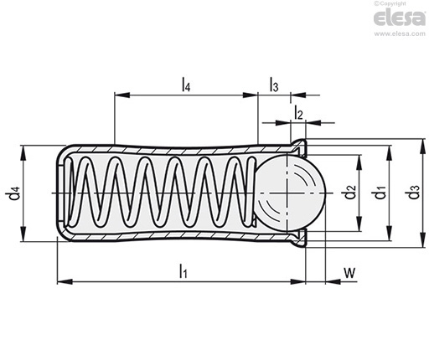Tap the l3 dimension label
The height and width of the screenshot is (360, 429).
pyautogui.click(x=274, y=85)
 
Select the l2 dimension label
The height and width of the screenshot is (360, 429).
pyautogui.click(x=298, y=113)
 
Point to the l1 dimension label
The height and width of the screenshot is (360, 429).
pyautogui.click(x=183, y=271)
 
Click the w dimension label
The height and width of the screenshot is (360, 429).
pyautogui.click(x=349, y=272)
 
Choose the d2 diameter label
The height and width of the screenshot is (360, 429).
pyautogui.click(x=349, y=192)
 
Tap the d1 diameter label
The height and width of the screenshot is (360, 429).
pyautogui.click(x=380, y=193)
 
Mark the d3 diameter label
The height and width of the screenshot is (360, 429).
pyautogui.click(x=412, y=192)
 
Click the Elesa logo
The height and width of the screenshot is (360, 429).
pyautogui.click(x=400, y=18)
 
